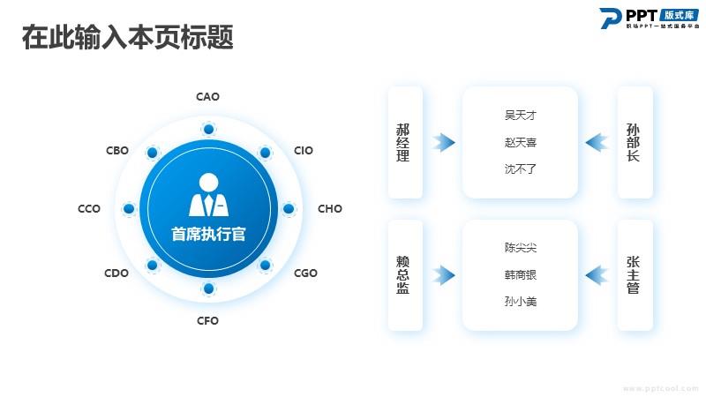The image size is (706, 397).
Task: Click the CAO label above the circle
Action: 207,97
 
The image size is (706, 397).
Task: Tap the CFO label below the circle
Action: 207,321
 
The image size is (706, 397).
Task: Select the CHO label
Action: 330,209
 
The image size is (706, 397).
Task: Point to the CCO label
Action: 89,209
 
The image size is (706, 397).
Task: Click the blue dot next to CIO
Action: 264,154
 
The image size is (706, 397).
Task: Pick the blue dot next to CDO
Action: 153,265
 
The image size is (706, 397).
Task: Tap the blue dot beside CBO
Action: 153,154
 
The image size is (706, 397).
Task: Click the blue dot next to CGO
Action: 264,265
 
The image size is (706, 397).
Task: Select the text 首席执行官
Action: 208,234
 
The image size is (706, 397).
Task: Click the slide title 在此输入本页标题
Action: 127,38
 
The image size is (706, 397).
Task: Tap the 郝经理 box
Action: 405,142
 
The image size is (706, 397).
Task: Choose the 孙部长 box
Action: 634,142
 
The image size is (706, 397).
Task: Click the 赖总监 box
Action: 405,275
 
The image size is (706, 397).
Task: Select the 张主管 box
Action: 634,275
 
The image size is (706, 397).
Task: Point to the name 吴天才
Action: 521,116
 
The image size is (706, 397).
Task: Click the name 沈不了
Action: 521,169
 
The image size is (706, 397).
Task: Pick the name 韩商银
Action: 521,275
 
